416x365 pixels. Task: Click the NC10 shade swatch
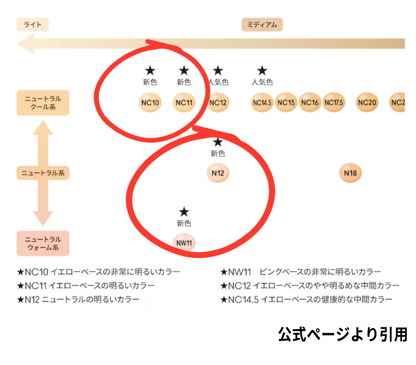[150, 103]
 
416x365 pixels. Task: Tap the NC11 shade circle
[184, 103]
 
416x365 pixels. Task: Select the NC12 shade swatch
[218, 103]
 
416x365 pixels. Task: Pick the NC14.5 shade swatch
[262, 103]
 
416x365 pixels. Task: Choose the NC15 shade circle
[286, 103]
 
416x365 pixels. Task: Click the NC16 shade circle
[310, 103]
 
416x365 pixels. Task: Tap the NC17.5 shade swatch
[334, 103]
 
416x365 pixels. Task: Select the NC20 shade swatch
[366, 103]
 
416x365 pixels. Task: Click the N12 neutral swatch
[218, 173]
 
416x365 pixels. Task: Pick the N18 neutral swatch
[350, 173]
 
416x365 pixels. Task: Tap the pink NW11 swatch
[184, 243]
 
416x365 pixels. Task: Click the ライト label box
[33, 25]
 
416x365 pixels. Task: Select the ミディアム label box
[262, 25]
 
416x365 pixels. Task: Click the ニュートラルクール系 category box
[43, 103]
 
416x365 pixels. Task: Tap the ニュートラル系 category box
[43, 173]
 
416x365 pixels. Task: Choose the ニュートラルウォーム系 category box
[43, 244]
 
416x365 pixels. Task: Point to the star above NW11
[184, 212]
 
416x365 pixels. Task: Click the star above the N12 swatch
[218, 142]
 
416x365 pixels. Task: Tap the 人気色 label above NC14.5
[262, 82]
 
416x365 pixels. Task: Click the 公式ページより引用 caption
[342, 334]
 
